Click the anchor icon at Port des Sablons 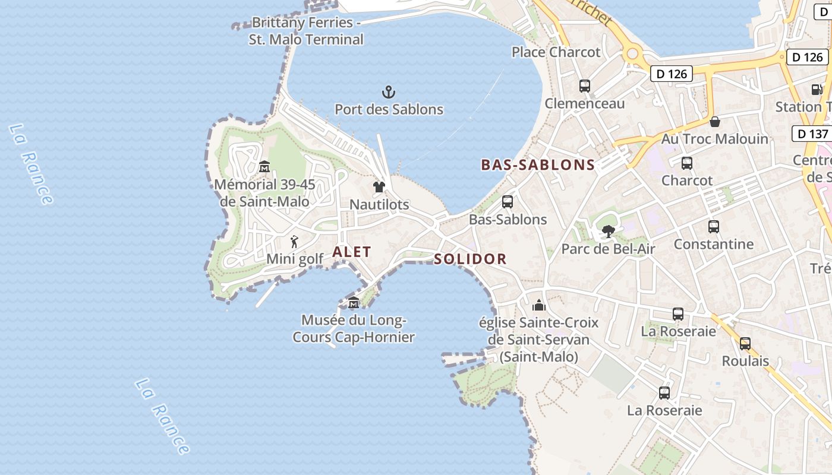(x=388, y=92)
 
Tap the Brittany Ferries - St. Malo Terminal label (x=306, y=31)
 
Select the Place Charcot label (x=556, y=52)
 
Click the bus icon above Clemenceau (x=585, y=86)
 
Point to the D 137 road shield (x=812, y=134)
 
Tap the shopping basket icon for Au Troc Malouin (x=714, y=122)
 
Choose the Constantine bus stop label (x=713, y=244)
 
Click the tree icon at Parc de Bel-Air (x=608, y=232)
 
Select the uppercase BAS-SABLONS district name (x=538, y=165)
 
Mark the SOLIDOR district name (x=470, y=259)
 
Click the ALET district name (x=352, y=252)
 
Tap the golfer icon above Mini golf (x=294, y=242)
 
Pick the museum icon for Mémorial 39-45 (x=264, y=167)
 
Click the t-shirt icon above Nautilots (x=379, y=187)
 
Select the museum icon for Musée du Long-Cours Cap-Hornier (x=354, y=303)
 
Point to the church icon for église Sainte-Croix (x=539, y=305)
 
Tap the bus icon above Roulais (x=745, y=343)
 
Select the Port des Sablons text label (x=389, y=109)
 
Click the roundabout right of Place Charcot (x=632, y=54)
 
